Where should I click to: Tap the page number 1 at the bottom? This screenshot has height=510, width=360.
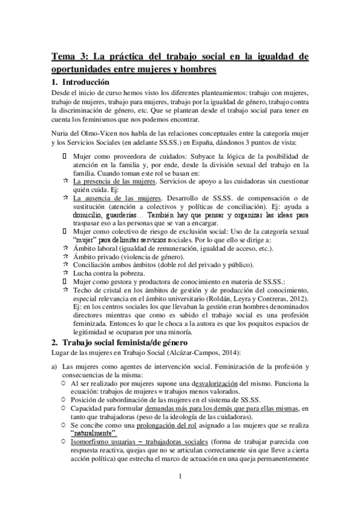[180, 494]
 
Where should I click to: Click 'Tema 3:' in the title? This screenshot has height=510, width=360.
[71, 57]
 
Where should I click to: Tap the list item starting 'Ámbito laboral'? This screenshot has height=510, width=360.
[172, 248]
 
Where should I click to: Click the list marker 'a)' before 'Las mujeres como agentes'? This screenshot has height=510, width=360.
[55, 366]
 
